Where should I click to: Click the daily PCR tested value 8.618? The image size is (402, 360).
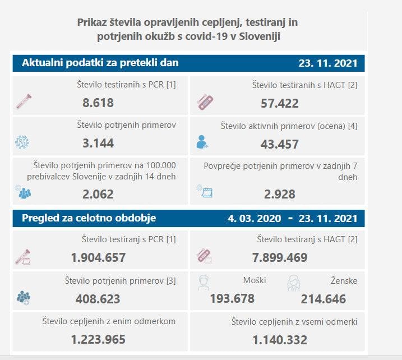[x=98, y=103]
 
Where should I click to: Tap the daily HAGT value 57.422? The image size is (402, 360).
[x=279, y=103]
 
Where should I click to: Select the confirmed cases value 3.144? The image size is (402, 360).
[x=98, y=143]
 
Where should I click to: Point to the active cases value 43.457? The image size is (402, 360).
[x=279, y=144]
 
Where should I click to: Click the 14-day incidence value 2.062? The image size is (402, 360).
[x=98, y=194]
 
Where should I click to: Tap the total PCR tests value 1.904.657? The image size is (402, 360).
[x=98, y=257]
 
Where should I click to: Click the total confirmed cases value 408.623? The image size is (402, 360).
[x=98, y=299]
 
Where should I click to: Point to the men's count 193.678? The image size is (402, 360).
[x=232, y=298]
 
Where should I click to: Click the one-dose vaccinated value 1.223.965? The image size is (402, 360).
[x=98, y=339]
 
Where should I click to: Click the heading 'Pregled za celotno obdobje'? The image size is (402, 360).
[x=89, y=218]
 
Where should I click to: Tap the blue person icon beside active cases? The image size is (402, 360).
[x=202, y=142]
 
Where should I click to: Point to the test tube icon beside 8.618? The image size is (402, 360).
[x=24, y=101]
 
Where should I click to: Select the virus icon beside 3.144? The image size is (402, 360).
[x=22, y=142]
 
